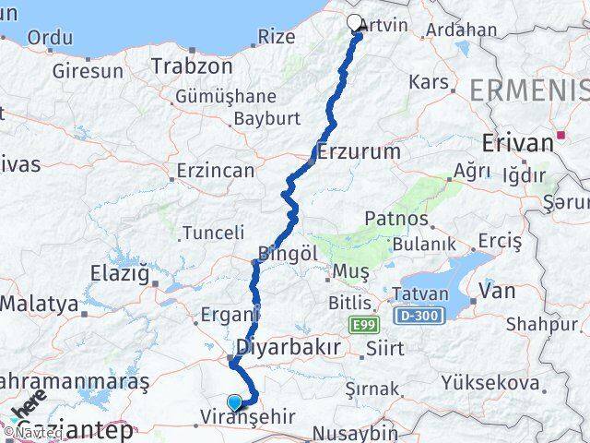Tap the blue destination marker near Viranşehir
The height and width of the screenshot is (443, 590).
tap(235, 401)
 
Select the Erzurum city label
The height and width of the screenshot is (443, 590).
tap(360, 151)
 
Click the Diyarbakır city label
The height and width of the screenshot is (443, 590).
tap(289, 347)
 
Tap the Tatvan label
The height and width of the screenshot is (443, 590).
tap(421, 294)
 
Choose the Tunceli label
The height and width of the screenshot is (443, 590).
tap(214, 233)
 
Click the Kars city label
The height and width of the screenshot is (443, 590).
tap(428, 82)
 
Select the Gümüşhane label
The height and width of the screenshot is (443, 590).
tap(239, 96)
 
